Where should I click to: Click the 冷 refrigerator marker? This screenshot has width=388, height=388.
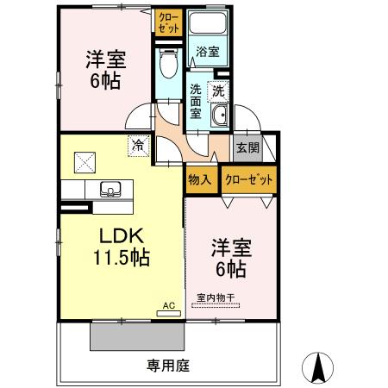[x=137, y=147]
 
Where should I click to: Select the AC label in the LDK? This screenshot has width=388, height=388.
[x=169, y=304]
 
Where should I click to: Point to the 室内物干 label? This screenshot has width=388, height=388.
[x=216, y=299]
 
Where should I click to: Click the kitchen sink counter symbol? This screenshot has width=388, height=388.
[x=110, y=191]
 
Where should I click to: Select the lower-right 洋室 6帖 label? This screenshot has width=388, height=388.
[x=228, y=258]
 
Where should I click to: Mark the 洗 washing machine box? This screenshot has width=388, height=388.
[x=219, y=90]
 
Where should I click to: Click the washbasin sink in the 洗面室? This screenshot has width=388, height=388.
[x=221, y=117]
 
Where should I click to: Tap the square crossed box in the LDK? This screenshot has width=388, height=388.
[x=84, y=161]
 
